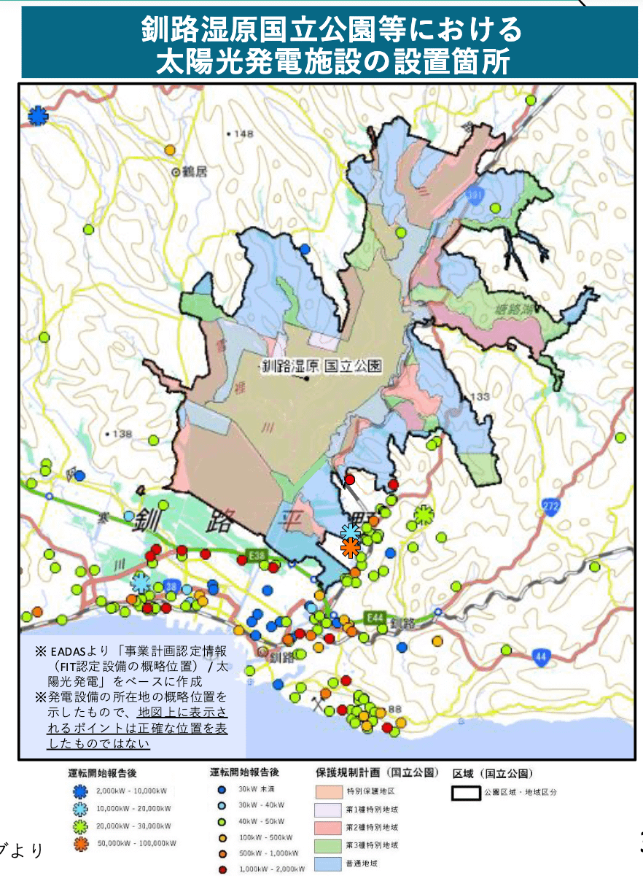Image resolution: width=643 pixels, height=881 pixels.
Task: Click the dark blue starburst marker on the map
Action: (37, 115)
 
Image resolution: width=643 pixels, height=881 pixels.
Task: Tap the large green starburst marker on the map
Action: (424, 515)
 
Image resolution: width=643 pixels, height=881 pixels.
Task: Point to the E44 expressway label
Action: (375, 617)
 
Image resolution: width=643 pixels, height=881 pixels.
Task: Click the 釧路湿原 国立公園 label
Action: (321, 367)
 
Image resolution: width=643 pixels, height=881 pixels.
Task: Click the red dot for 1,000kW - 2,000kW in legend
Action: (221, 869)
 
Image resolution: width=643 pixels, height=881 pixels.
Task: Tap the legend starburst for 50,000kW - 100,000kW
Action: (80, 844)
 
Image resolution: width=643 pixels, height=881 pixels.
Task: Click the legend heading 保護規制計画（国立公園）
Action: (377, 772)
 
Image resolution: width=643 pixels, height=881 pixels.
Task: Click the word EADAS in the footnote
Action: (67, 651)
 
